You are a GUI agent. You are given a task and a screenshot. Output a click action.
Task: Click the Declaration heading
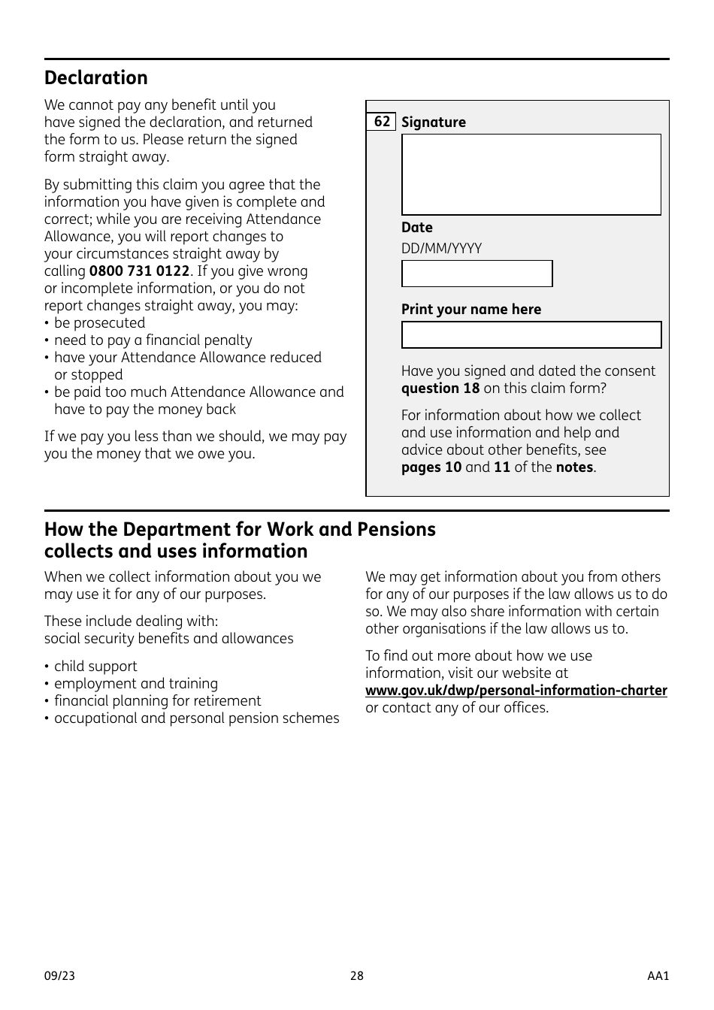click(96, 78)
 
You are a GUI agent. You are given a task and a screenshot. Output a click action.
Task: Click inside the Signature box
click(531, 174)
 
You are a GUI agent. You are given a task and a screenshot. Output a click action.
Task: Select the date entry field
click(477, 274)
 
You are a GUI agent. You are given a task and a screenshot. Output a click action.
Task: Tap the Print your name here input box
click(531, 335)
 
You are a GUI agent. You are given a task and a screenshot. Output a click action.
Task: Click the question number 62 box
click(382, 122)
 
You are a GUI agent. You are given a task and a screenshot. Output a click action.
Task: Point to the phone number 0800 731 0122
click(139, 271)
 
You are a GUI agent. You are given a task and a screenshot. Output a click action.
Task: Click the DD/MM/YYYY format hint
click(441, 249)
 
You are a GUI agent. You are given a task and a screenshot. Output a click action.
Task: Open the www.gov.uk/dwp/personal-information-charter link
click(516, 691)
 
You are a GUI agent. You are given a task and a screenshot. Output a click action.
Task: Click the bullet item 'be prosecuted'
click(99, 323)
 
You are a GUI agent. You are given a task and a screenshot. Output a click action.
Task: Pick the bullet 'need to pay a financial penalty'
click(153, 340)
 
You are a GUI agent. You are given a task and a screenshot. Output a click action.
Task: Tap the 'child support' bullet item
click(95, 667)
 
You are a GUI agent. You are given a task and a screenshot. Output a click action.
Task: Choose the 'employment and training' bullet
click(135, 684)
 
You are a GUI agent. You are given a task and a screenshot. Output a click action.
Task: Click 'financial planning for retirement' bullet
click(157, 701)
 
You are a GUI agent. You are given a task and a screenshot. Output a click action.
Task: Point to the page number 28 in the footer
click(356, 976)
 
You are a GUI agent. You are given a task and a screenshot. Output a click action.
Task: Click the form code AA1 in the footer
click(658, 976)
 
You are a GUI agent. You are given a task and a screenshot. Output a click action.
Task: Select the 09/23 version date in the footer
click(59, 976)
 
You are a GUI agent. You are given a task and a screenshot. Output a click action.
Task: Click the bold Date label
click(416, 228)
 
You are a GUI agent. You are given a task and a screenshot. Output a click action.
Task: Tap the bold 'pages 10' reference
click(431, 467)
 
